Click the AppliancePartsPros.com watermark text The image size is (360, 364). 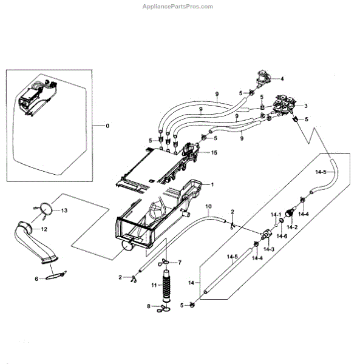coord(177,7)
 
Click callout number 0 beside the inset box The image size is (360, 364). coord(107,126)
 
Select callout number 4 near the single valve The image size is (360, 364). coord(282,79)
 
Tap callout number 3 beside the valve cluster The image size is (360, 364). coord(305,106)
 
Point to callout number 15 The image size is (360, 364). coord(214,152)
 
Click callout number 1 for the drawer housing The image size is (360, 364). coord(212,185)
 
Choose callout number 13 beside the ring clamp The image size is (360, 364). coord(64,211)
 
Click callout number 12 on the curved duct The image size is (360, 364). coord(44,229)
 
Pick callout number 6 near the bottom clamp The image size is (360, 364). coord(36,279)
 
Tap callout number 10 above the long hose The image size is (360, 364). coord(209,206)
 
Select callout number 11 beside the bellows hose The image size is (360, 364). coord(154,285)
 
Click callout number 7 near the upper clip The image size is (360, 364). coord(180,263)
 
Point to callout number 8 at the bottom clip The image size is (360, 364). coord(149,306)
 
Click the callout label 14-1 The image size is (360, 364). coord(276,215)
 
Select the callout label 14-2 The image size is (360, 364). coord(292,227)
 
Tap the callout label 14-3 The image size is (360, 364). coord(269,249)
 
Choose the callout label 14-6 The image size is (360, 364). coord(282,237)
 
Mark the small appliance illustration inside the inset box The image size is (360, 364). coord(38,98)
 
